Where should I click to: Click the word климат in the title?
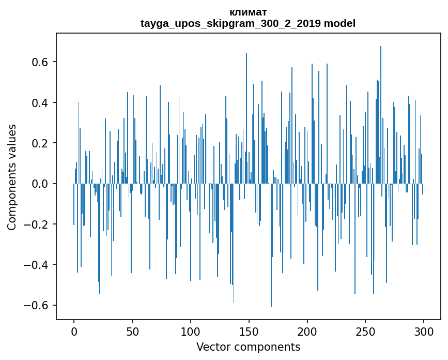click(248, 12)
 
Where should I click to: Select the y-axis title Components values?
click(12, 177)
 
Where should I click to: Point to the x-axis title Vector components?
click(248, 347)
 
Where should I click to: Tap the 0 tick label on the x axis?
click(74, 332)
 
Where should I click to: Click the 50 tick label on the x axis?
click(132, 332)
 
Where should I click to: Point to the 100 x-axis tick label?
click(191, 332)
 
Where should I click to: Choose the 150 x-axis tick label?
click(249, 332)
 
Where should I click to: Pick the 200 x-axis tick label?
click(307, 332)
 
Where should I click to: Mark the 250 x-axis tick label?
click(365, 332)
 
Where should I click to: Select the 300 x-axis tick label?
click(424, 332)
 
